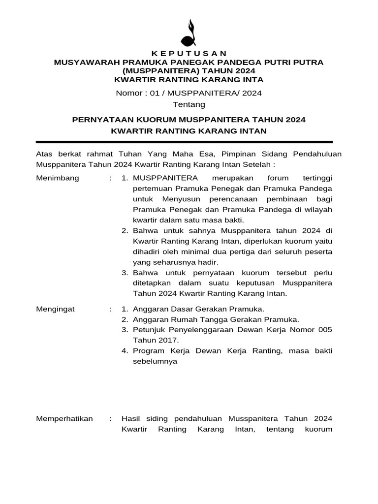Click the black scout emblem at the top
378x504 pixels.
pyautogui.click(x=189, y=33)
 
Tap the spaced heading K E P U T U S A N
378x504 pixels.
pyautogui.click(x=189, y=54)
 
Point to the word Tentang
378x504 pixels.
pyautogui.click(x=189, y=104)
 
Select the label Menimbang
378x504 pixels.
pyautogui.click(x=58, y=178)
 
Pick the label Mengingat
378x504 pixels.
pyautogui.click(x=56, y=309)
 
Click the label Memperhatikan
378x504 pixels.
pyautogui.click(x=64, y=418)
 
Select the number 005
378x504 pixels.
pyautogui.click(x=324, y=329)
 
